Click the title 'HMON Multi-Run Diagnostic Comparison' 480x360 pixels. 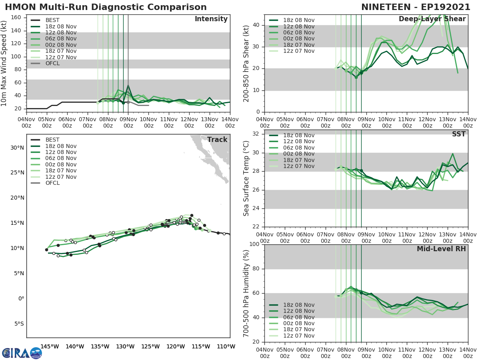tap(106, 7)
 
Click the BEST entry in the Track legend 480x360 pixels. tap(52, 140)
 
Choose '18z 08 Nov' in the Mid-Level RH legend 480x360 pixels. tap(298, 305)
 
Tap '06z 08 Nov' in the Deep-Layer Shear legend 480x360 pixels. tap(298, 32)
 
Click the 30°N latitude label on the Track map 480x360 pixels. tap(17, 148)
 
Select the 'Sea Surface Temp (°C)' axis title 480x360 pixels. tap(246, 178)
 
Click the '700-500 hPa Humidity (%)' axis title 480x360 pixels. tap(246, 293)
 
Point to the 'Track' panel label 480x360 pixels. tap(217, 140)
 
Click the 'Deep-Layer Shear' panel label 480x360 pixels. tap(432, 19)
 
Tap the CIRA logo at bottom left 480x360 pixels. tap(22, 353)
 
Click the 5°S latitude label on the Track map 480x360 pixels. tap(18, 324)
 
